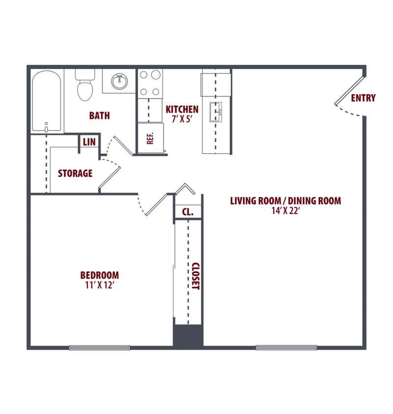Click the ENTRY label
pos(363,98)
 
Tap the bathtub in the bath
pos(47,101)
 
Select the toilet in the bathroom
pos(85,86)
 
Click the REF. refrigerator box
pos(150,138)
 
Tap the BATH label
pos(99,116)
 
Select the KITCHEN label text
pos(182,109)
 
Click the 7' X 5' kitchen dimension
pos(182,119)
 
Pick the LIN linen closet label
pos(89,142)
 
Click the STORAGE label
pos(75,173)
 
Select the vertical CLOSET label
pos(195,276)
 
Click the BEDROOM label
pos(100,275)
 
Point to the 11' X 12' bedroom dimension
pos(100,285)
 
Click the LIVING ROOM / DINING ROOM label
pos(285,201)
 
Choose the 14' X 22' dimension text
pos(285,210)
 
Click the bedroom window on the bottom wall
pos(100,348)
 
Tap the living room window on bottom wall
pos(286,348)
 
